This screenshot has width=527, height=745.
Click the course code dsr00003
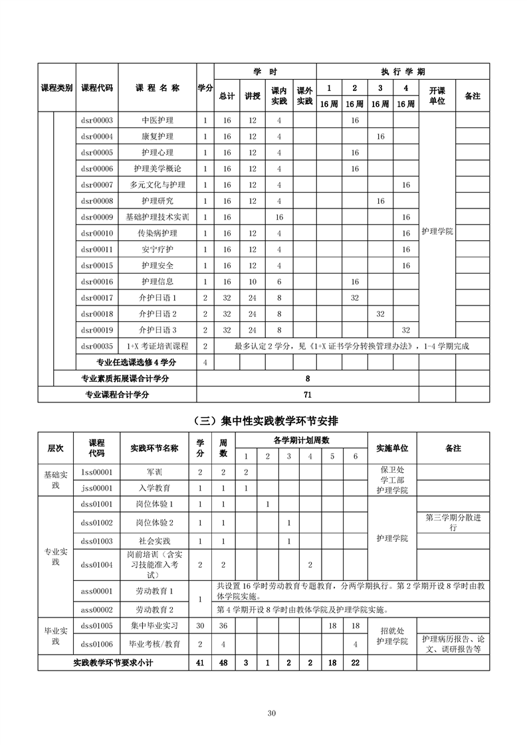click(x=97, y=120)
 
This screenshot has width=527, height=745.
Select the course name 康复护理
click(x=158, y=136)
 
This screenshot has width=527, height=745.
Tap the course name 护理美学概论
click(x=158, y=169)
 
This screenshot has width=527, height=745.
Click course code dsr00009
click(x=97, y=217)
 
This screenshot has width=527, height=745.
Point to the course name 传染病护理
click(x=158, y=233)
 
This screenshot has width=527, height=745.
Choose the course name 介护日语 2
click(x=158, y=313)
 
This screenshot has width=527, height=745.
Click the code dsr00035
click(x=97, y=346)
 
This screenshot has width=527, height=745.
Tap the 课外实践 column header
click(x=304, y=96)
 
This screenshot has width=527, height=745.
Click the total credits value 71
click(x=308, y=394)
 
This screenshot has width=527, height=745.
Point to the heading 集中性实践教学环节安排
click(x=269, y=421)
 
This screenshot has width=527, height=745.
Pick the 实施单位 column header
click(x=392, y=448)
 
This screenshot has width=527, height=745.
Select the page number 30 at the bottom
click(x=271, y=713)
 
